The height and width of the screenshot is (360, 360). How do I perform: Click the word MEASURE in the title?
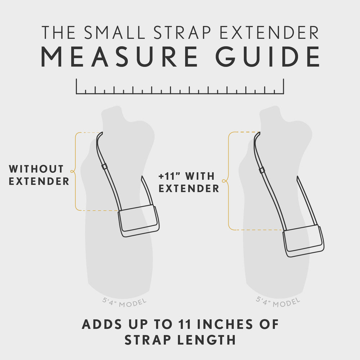click(x=119, y=57)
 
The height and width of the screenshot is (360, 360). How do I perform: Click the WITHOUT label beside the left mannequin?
click(x=36, y=169)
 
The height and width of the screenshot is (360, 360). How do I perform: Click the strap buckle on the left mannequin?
click(x=104, y=166)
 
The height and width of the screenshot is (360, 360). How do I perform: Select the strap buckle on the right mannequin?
click(x=262, y=170)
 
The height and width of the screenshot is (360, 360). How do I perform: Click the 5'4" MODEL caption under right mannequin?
click(x=278, y=302)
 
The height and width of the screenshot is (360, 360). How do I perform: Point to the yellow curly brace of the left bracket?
click(x=73, y=171)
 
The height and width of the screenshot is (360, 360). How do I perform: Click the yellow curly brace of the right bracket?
click(x=225, y=181)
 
